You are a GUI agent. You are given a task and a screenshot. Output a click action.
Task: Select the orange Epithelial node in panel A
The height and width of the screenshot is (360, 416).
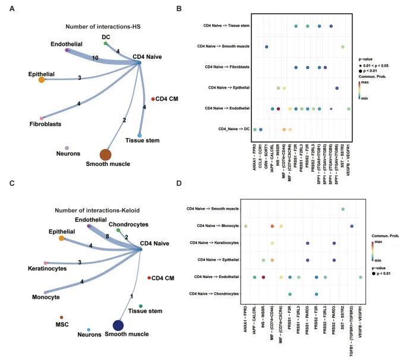[x=41, y=80]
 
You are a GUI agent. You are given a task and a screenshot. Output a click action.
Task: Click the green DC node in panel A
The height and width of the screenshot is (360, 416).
[x=105, y=43]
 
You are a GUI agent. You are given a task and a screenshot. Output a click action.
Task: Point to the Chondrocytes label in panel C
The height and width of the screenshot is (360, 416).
[x=125, y=224]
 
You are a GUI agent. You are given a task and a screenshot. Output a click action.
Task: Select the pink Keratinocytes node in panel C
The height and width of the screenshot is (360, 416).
[x=45, y=263]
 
